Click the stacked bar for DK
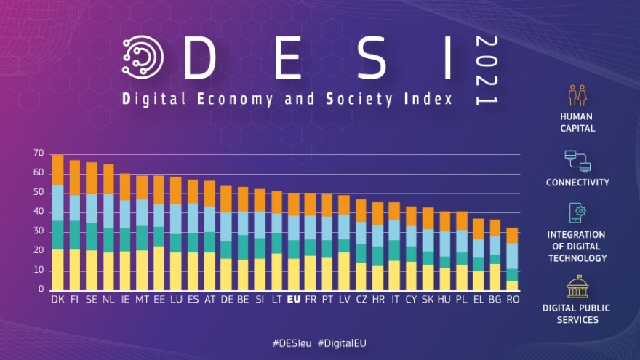point(57,223)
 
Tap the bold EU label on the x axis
point(294,299)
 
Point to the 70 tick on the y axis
point(38,154)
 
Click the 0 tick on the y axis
point(41,290)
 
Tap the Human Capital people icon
point(577,95)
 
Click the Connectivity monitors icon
point(577,160)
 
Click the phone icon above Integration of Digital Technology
point(577,213)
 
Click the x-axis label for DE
point(225,299)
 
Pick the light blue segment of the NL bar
point(108,211)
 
